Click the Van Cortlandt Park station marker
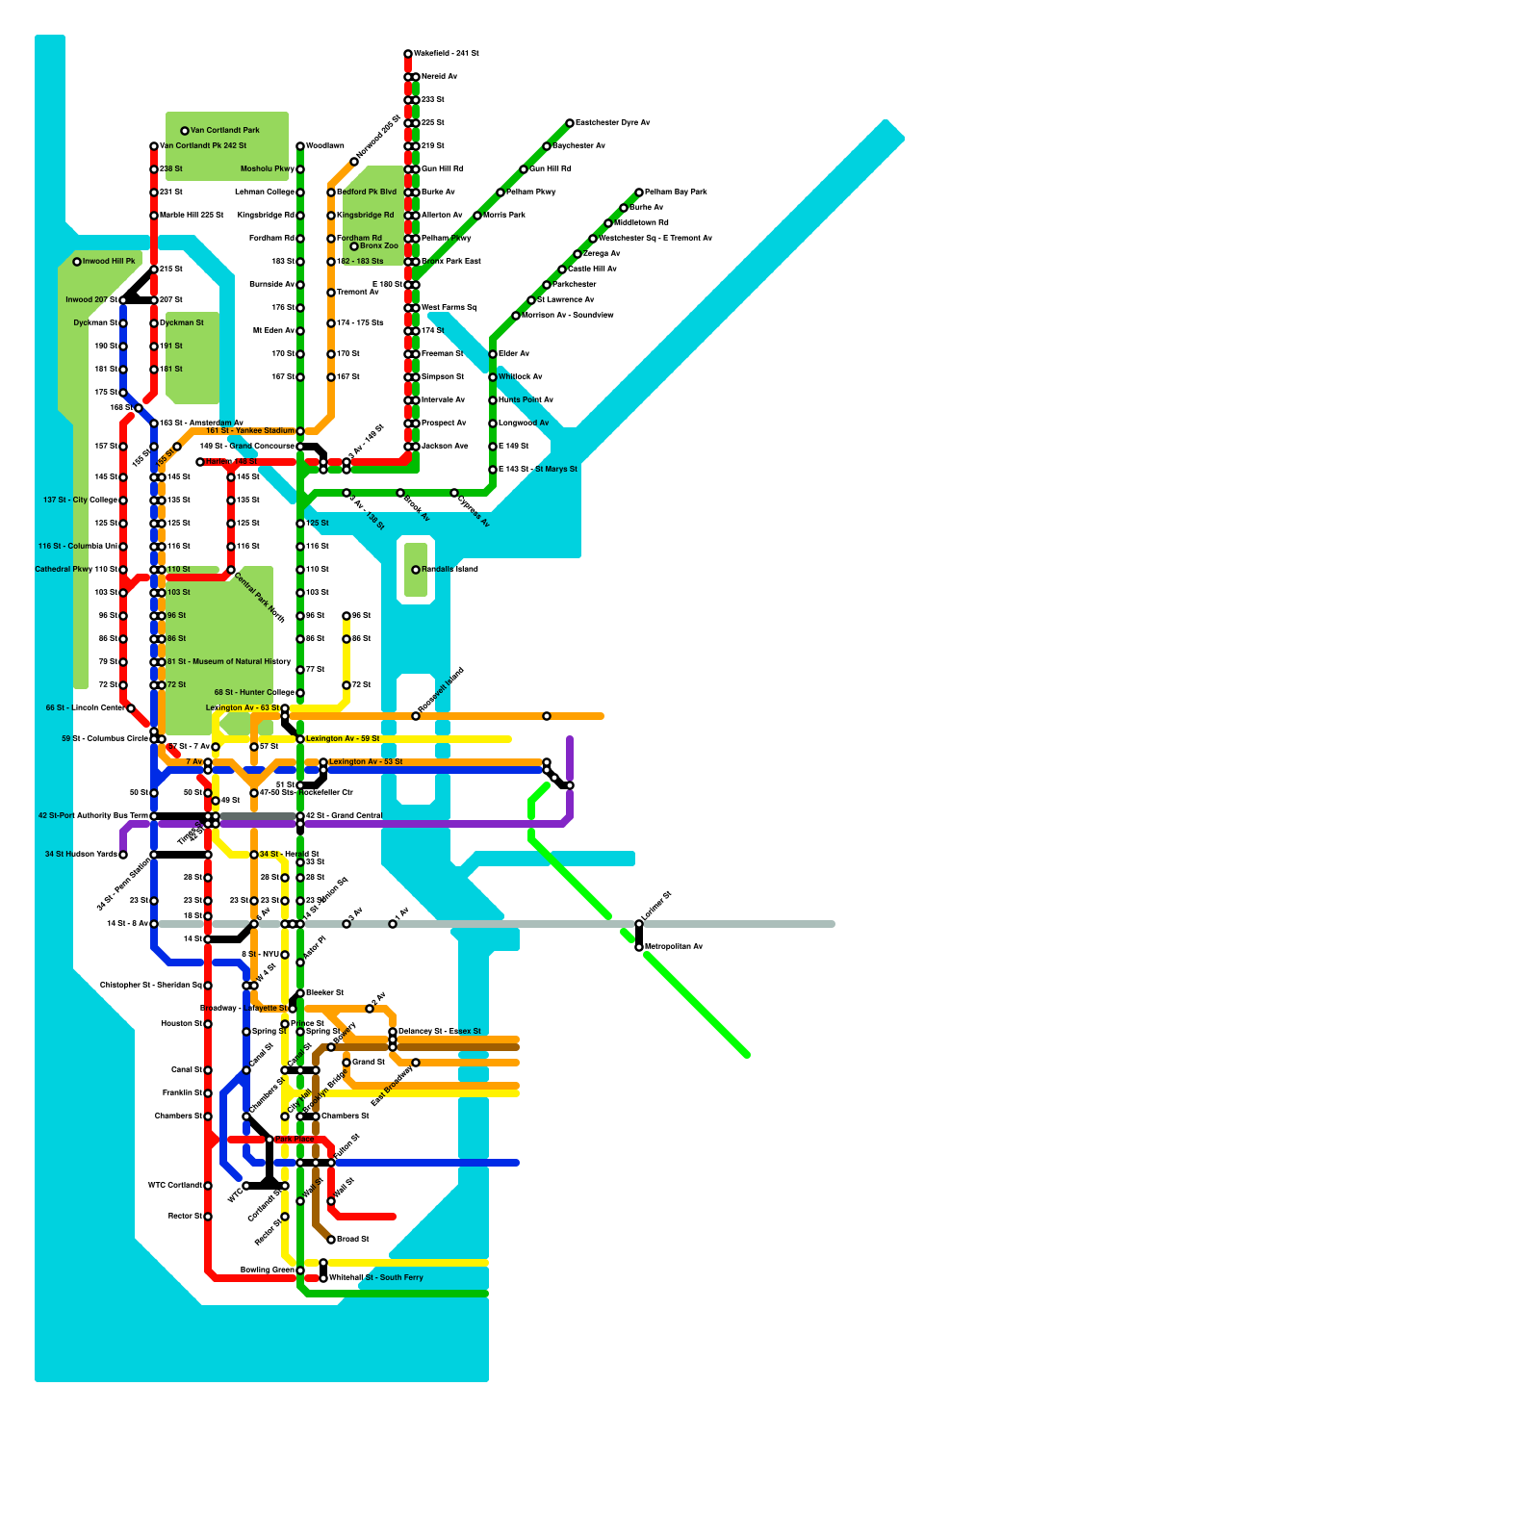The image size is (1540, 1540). point(185,131)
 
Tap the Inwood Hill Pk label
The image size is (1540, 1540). point(109,262)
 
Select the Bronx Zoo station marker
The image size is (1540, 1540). point(354,246)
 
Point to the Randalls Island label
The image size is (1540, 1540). point(449,570)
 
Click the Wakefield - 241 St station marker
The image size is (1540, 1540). point(408,54)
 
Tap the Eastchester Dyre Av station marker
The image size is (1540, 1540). point(570,123)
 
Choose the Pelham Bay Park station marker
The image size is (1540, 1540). point(639,192)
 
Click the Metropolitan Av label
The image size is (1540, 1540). point(674,947)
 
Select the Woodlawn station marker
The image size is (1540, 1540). point(300,146)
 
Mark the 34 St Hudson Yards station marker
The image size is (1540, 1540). point(123,855)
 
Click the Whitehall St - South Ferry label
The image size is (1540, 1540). point(376,1278)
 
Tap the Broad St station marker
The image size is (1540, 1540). point(331,1240)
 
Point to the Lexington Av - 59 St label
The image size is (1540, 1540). point(343,739)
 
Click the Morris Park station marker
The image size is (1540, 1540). point(477,216)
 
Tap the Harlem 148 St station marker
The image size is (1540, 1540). point(200,462)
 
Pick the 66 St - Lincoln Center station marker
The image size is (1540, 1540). point(131,708)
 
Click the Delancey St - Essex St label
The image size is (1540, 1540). point(440,1032)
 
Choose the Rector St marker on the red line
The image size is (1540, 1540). point(208,1217)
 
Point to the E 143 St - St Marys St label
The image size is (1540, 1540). point(538,470)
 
